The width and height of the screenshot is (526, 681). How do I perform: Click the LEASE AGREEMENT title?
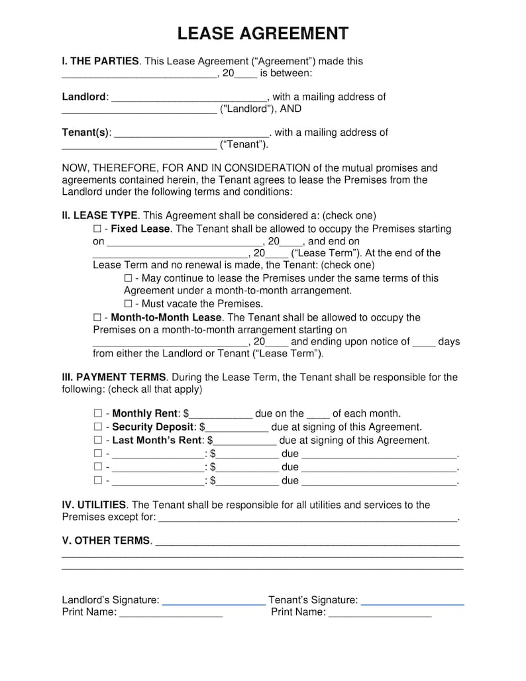tap(263, 34)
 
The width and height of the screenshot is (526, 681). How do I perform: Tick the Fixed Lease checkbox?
tap(97, 229)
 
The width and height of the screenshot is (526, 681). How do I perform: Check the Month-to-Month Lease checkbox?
tap(97, 318)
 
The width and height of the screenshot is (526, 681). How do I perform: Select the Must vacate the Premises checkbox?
tap(128, 304)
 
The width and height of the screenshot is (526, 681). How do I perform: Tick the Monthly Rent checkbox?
tap(97, 414)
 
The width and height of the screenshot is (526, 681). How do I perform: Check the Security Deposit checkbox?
tap(97, 427)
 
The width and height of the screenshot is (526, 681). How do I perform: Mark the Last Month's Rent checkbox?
tap(97, 441)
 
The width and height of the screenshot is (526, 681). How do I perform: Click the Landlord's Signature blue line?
tap(213, 603)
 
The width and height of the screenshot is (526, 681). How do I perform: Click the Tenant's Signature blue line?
tap(412, 603)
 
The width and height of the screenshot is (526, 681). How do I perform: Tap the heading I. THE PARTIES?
tap(101, 62)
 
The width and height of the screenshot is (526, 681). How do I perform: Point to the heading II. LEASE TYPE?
tap(100, 216)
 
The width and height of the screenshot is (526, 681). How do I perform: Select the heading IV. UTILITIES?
tap(94, 505)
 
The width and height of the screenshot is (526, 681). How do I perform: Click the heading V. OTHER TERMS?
tap(106, 541)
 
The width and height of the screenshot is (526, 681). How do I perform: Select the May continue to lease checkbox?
tap(128, 279)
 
